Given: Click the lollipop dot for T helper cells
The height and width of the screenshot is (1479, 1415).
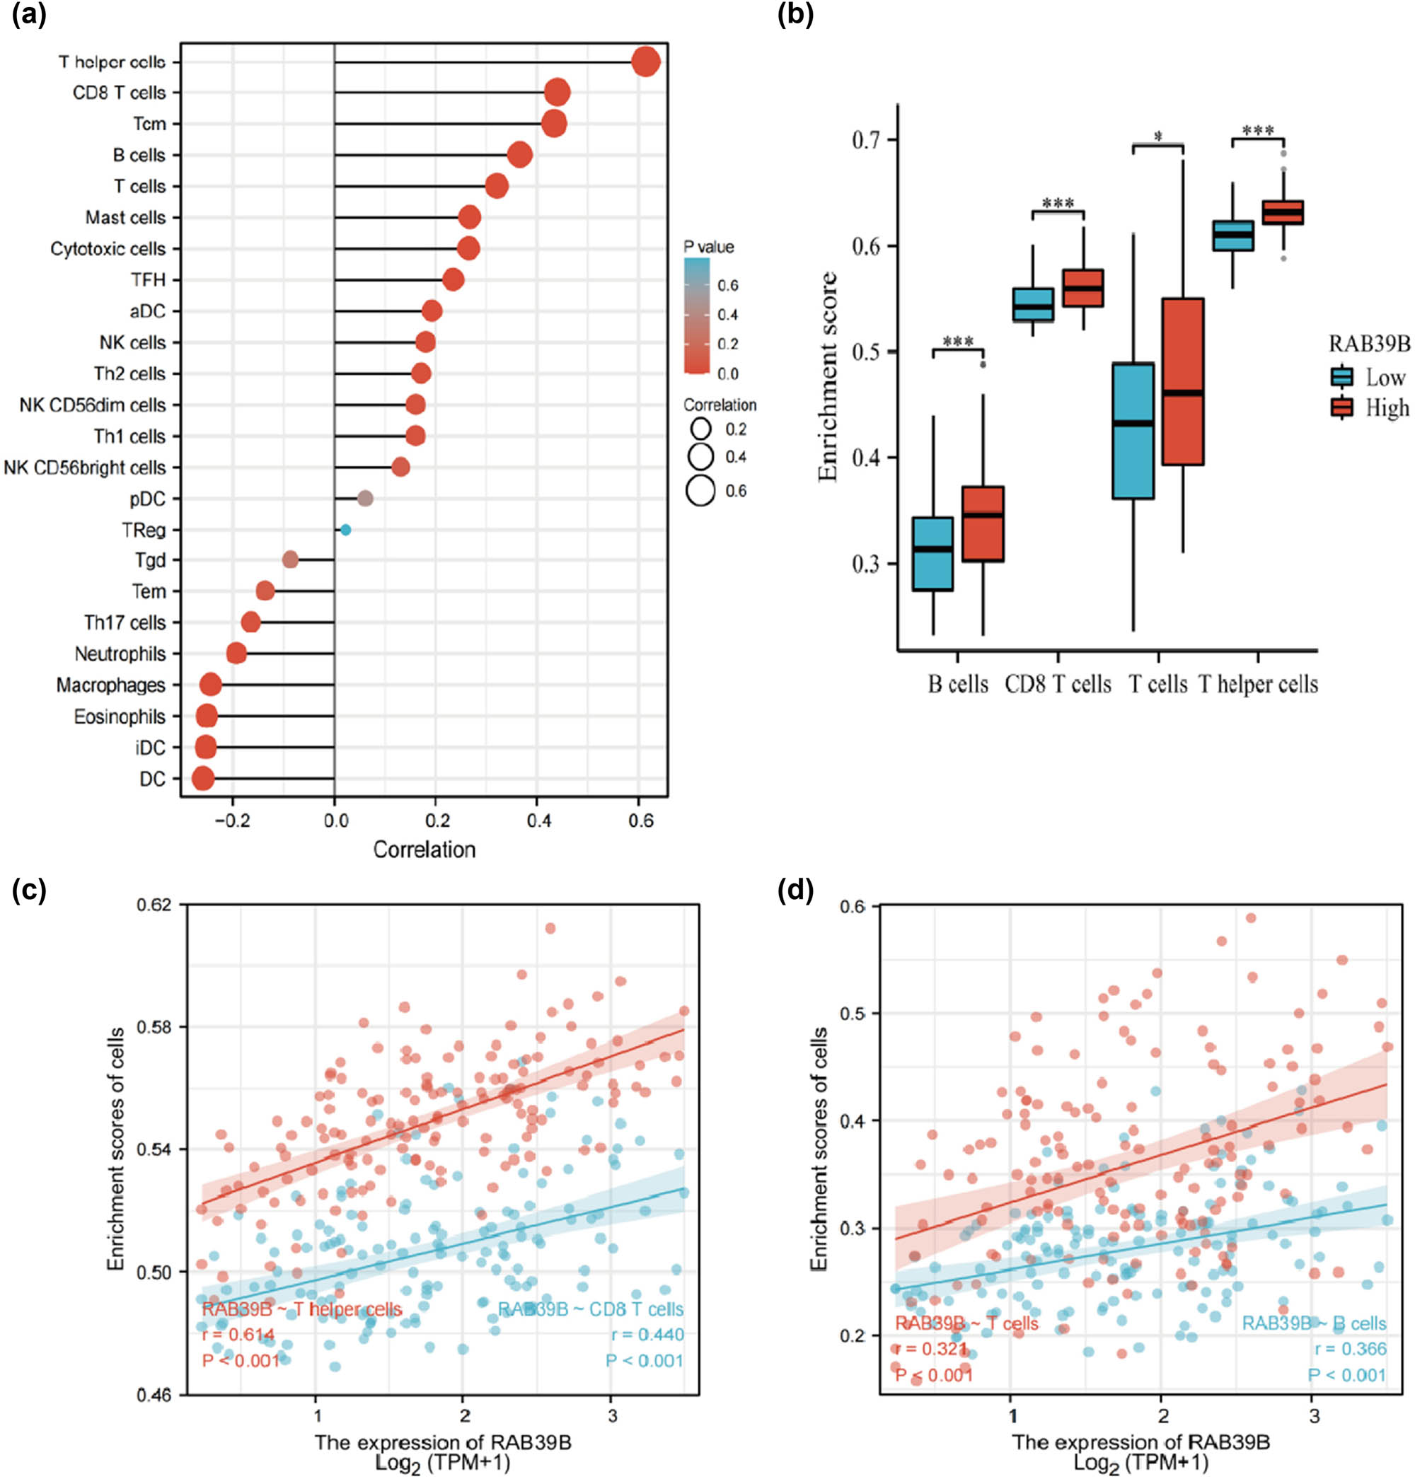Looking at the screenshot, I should coord(646,62).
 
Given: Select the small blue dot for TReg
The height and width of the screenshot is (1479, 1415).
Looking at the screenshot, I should coord(345,530).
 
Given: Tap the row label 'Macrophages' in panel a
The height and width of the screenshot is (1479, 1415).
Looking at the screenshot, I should coord(111,685).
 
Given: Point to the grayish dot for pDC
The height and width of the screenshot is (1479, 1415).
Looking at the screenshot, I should coord(365,499).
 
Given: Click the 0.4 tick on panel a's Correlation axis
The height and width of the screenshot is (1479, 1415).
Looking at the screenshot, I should coord(538,820).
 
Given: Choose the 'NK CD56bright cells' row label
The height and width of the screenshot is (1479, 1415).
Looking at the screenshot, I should coord(84,468).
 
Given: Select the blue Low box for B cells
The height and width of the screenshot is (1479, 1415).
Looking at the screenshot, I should coord(932,554).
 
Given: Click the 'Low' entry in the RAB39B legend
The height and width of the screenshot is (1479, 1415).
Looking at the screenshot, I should coord(1385,377).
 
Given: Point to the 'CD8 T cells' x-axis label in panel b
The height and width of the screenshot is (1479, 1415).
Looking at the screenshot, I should coord(1058,684).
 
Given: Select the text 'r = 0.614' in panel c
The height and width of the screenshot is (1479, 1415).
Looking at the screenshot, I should coord(238,1334).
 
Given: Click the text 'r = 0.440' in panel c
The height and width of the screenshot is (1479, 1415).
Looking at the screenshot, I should coord(647,1334).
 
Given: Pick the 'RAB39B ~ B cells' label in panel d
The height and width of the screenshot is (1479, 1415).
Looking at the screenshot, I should coord(1314,1323).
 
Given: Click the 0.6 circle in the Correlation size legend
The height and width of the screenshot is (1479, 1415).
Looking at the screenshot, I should coord(700,491).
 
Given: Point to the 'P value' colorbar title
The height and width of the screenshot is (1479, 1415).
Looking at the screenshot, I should coord(708,247).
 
